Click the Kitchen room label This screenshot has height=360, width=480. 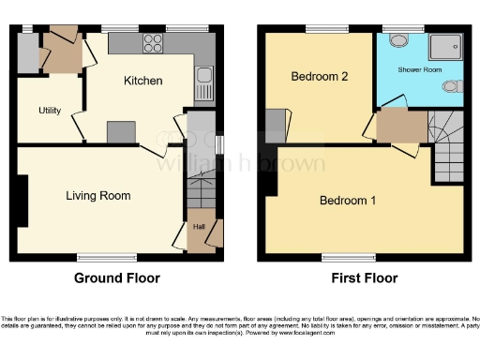tap(143, 82)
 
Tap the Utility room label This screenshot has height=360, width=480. tap(50, 111)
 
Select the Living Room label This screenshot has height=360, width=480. tap(97, 196)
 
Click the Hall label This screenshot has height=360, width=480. tap(199, 226)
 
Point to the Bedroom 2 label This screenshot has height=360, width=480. tap(319, 76)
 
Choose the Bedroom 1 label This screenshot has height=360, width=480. tap(348, 201)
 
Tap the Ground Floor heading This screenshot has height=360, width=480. tap(117, 278)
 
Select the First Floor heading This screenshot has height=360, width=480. tap(364, 278)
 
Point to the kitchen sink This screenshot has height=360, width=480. tap(203, 84)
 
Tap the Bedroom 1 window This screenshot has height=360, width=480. tap(342, 256)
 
